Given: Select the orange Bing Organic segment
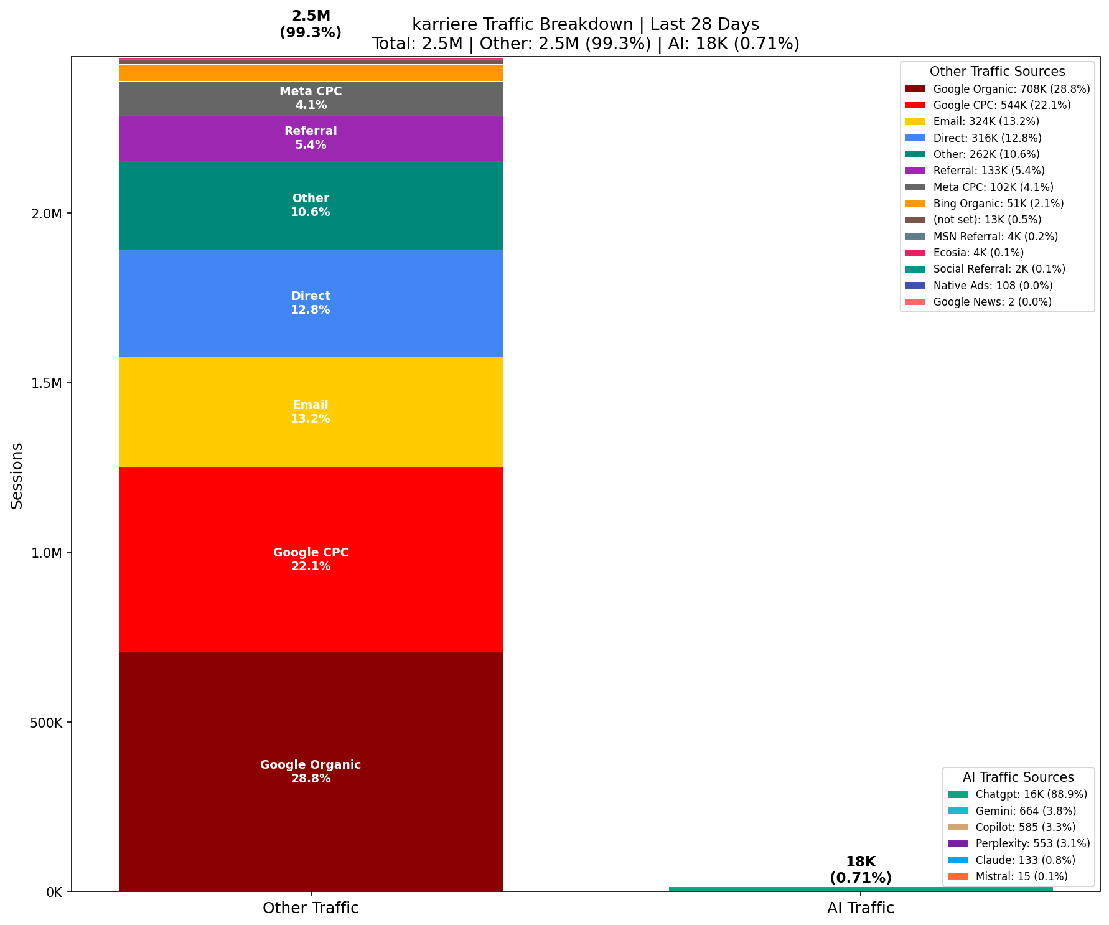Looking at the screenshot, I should [311, 73].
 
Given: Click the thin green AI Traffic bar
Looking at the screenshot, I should [861, 889].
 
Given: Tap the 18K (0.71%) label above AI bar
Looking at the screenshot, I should [861, 870].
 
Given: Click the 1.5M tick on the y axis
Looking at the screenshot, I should [47, 383].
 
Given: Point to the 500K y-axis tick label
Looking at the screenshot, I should [45, 722].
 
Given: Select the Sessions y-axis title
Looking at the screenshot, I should [17, 476].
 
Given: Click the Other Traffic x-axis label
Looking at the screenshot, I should [311, 908].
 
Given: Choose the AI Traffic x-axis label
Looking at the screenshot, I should [861, 908].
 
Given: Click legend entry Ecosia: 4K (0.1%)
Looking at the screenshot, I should [978, 253].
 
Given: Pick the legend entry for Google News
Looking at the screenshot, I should [992, 302].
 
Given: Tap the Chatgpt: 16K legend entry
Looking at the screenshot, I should [1031, 794].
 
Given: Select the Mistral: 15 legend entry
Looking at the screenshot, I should [1021, 876].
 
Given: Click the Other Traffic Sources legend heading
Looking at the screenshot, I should [997, 72].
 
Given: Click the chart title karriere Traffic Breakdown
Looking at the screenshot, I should [585, 24].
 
